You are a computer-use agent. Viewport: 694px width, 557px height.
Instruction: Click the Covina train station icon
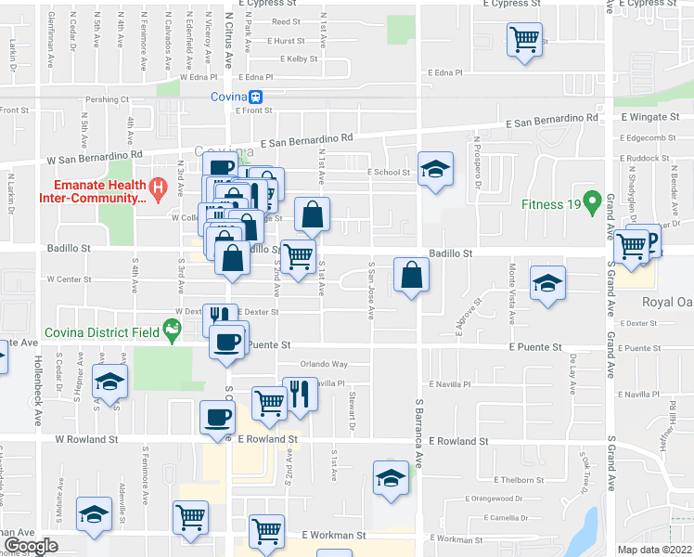[x=255, y=97]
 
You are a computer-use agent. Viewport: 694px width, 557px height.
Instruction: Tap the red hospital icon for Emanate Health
[x=158, y=192]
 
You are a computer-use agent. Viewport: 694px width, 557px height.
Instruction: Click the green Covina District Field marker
[x=171, y=328]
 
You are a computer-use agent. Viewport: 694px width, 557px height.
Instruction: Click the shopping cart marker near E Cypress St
[x=524, y=40]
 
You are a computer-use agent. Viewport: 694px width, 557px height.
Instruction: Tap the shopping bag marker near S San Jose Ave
[x=411, y=275]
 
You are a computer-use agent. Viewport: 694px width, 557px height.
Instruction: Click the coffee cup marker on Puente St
[x=226, y=343]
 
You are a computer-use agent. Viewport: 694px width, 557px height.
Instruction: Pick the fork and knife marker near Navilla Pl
[x=300, y=394]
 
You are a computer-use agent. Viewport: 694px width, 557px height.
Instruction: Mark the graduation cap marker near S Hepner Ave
[x=109, y=382]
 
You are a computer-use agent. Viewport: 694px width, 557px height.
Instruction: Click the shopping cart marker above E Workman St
[x=266, y=533]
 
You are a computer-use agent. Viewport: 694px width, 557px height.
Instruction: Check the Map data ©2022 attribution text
[x=654, y=550]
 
